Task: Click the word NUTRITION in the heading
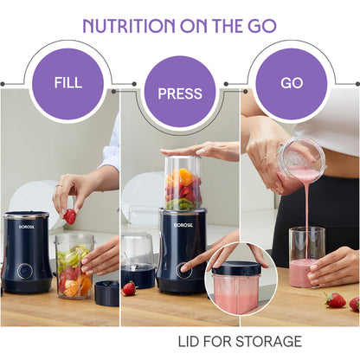click(x=129, y=26)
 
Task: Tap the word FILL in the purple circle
click(x=68, y=83)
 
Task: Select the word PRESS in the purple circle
click(x=180, y=93)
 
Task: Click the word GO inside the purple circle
click(x=292, y=83)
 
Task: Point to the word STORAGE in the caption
click(x=268, y=342)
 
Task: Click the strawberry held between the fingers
click(x=70, y=216)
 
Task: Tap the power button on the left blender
click(x=25, y=271)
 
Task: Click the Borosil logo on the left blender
click(x=27, y=227)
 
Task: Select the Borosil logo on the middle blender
click(x=183, y=225)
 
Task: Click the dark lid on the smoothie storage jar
click(x=236, y=268)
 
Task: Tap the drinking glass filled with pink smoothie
click(x=307, y=257)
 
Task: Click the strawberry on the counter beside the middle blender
click(x=129, y=288)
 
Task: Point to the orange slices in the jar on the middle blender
click(x=179, y=177)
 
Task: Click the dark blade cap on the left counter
click(x=106, y=293)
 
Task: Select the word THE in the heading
click(x=228, y=26)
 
